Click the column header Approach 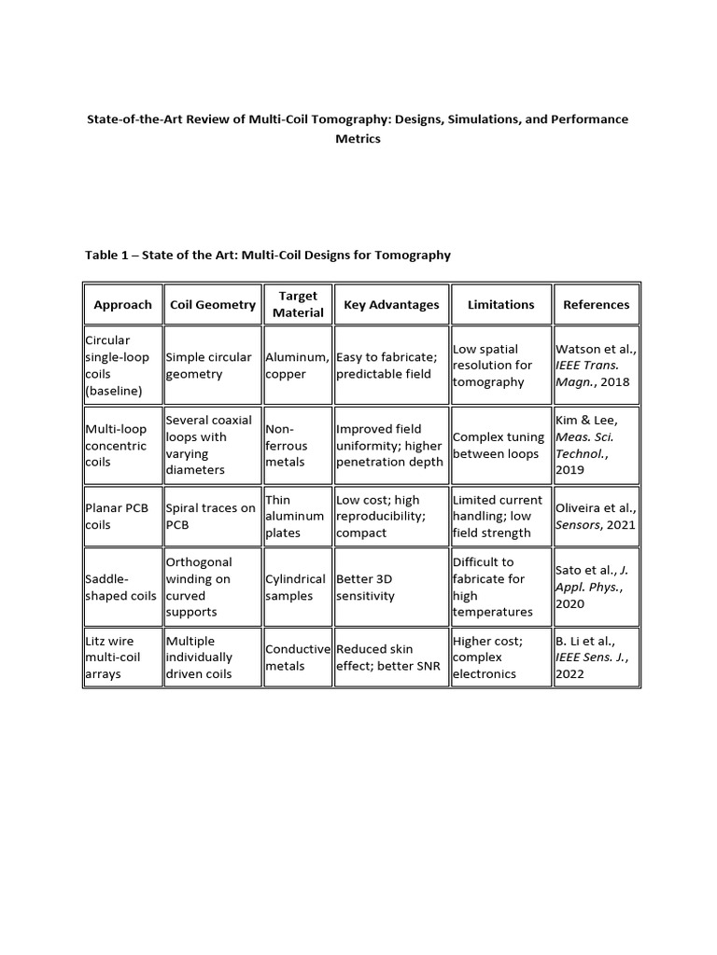click(122, 305)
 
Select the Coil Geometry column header click(213, 305)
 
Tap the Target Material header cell click(298, 305)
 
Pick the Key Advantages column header click(391, 305)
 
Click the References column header click(596, 305)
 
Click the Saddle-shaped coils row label click(121, 588)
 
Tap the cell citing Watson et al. click(596, 365)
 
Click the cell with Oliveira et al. click(596, 517)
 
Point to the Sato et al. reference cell click(596, 587)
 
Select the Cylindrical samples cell click(297, 588)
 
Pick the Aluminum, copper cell click(297, 365)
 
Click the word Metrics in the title click(358, 139)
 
